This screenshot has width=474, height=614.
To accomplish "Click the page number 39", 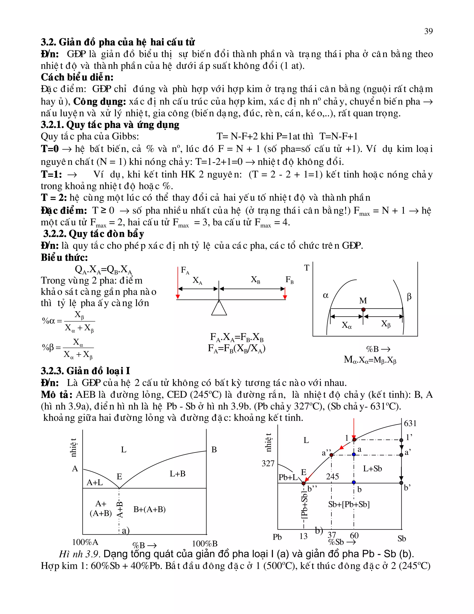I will (x=428, y=31).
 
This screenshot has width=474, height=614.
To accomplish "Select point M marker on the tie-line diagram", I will (x=363, y=310).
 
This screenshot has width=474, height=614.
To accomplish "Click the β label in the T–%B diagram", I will (x=409, y=296).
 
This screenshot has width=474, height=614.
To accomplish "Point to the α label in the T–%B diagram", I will (x=325, y=295).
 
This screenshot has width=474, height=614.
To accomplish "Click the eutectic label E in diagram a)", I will (x=119, y=477).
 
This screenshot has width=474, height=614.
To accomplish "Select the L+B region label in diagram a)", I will (x=178, y=474).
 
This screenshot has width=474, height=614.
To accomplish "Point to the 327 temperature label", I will (x=268, y=463).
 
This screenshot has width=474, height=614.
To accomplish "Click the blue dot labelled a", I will (x=354, y=455).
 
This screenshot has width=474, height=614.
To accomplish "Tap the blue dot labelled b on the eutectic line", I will (x=354, y=482).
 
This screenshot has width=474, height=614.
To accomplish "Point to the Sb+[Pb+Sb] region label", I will (x=349, y=504).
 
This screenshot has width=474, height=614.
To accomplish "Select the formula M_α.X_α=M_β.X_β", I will (x=370, y=360).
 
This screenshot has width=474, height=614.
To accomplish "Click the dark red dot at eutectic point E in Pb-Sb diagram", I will (x=304, y=483).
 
